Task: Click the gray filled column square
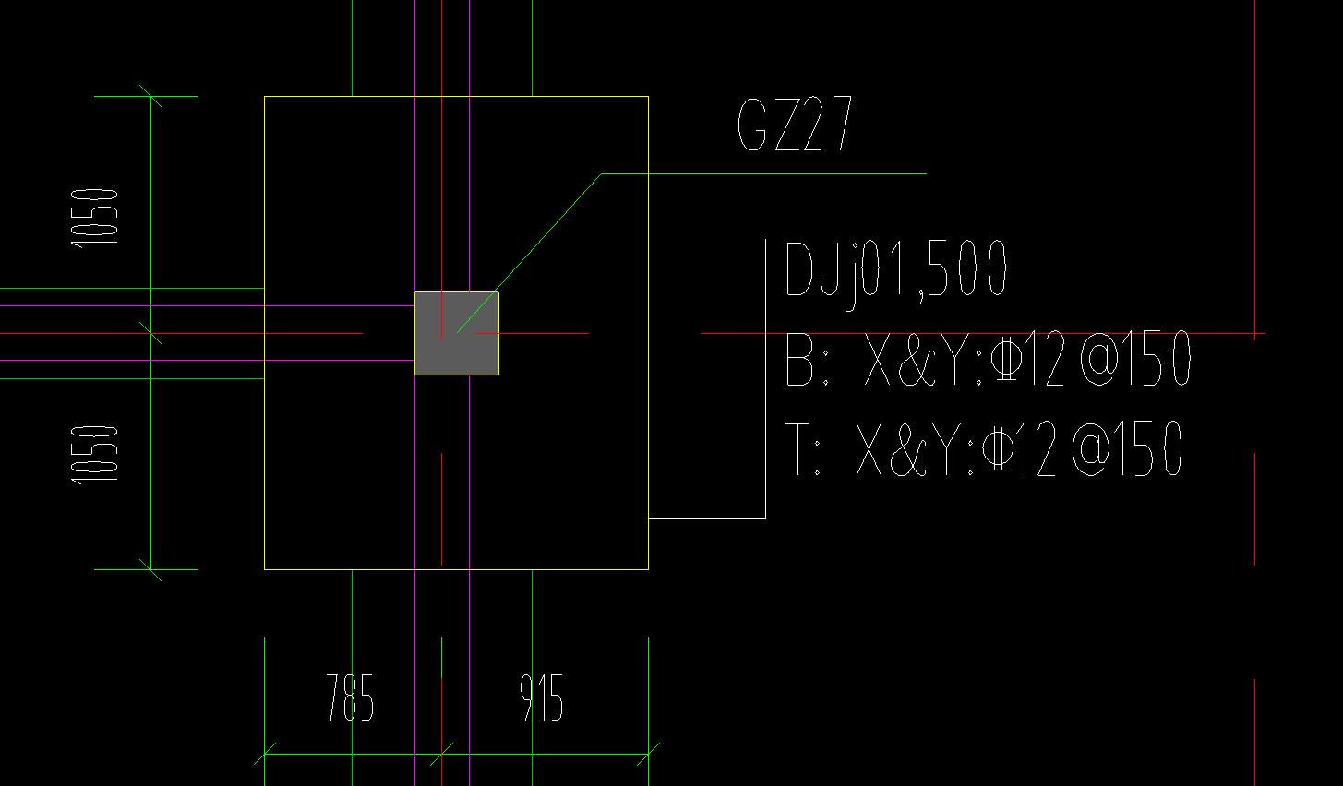pyautogui.click(x=457, y=333)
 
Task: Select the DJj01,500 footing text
pyautogui.click(x=894, y=269)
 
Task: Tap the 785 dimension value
pyautogui.click(x=350, y=697)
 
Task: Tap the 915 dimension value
pyautogui.click(x=542, y=697)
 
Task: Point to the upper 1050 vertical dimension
pyautogui.click(x=96, y=216)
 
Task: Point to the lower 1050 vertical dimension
pyautogui.click(x=96, y=453)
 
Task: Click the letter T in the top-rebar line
pyautogui.click(x=797, y=449)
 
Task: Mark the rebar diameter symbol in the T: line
pyautogui.click(x=994, y=449)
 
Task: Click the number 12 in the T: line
pyautogui.click(x=1037, y=449)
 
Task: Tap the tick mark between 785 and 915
pyautogui.click(x=442, y=754)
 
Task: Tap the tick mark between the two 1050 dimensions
pyautogui.click(x=151, y=333)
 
